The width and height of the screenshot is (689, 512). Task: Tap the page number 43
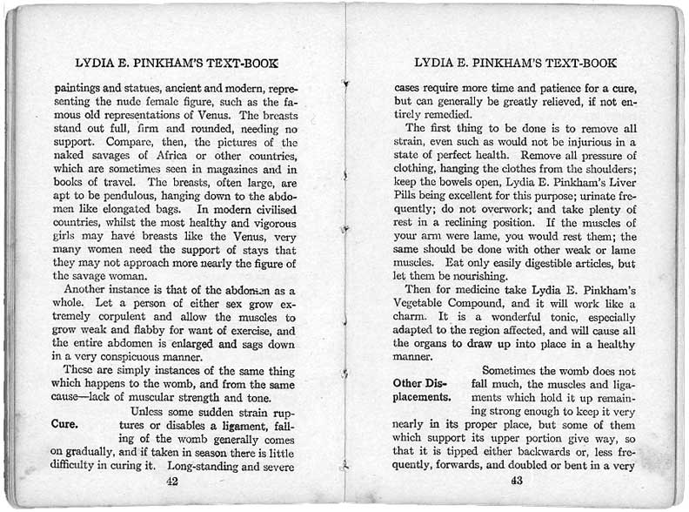516,480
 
